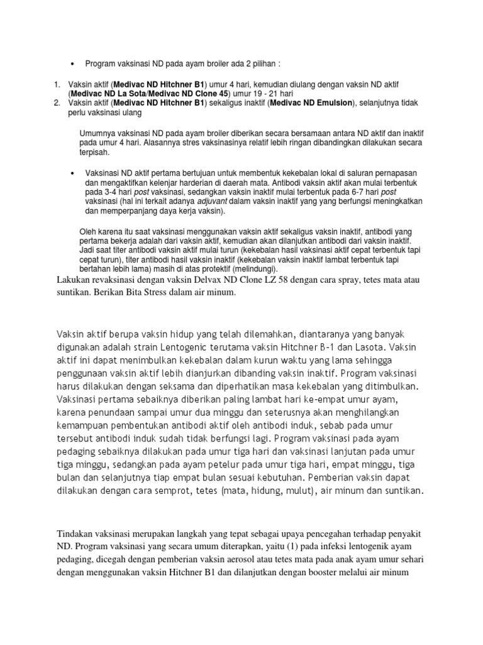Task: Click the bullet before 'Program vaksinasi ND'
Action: [x=74, y=64]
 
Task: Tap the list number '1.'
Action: [x=57, y=84]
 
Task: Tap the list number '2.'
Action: [x=57, y=103]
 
